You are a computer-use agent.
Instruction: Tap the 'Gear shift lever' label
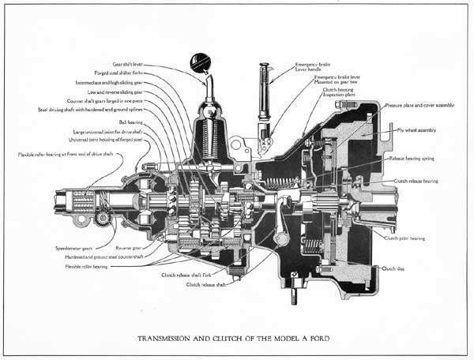[x=129, y=65]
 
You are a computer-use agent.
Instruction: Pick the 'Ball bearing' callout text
[x=130, y=122]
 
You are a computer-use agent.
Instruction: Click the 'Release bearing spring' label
[x=416, y=158]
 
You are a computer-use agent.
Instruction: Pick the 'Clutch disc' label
[x=393, y=269]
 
